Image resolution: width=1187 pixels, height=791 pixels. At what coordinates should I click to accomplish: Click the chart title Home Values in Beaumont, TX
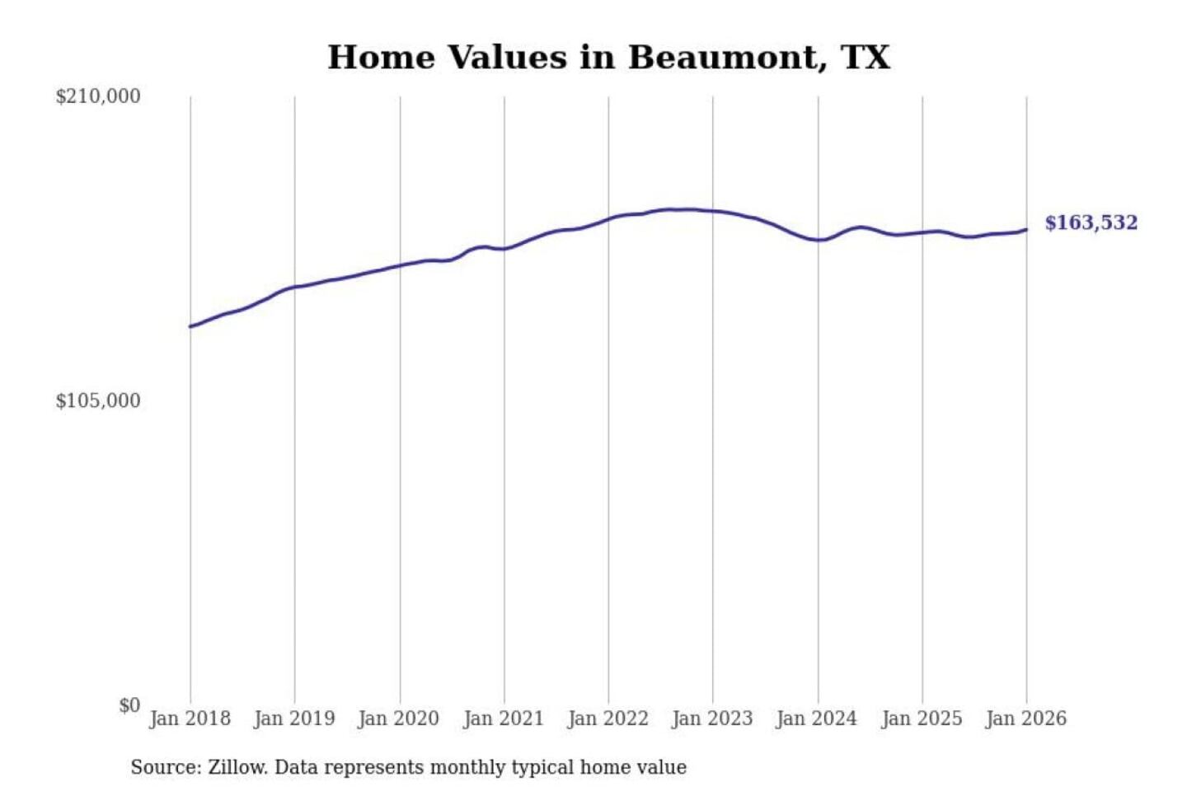coord(608,58)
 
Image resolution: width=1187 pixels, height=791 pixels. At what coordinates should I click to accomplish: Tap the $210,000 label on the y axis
coord(98,96)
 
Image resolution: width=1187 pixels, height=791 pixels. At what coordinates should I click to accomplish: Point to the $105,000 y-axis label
coord(98,401)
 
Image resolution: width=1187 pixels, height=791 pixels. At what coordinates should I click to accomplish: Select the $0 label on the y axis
coord(129,705)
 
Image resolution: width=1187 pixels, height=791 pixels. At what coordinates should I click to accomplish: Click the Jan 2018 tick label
coord(190,718)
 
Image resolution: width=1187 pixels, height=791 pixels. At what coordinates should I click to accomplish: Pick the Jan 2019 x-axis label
coord(294,718)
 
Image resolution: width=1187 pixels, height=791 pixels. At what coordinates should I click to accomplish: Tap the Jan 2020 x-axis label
coord(399,718)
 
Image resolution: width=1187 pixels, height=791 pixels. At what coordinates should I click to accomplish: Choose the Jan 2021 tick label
coord(504,718)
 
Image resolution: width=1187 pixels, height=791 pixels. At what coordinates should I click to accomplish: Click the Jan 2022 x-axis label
coord(608,718)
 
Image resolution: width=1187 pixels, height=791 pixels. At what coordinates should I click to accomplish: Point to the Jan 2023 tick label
coord(712,718)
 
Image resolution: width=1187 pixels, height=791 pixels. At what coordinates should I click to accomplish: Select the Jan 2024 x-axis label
coord(817,718)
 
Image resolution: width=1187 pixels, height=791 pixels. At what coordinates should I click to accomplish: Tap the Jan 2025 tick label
coord(922,718)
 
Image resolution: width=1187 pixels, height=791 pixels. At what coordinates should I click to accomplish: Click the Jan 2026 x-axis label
coord(1026,718)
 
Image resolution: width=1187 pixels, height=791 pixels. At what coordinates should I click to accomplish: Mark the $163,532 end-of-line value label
coord(1091,223)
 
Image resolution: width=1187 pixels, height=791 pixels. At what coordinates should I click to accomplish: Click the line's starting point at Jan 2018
coord(190,326)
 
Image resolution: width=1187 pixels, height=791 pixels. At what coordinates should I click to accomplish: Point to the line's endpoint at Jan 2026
coord(1026,230)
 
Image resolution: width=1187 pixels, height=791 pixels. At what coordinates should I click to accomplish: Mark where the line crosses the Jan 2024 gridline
coord(819,240)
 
